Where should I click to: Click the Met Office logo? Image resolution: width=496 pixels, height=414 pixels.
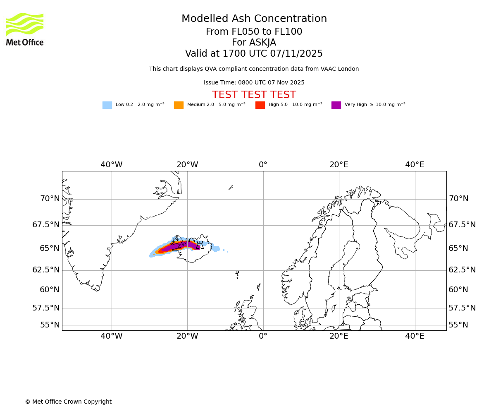pyautogui.click(x=25, y=29)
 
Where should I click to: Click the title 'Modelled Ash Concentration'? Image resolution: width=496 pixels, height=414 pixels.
pyautogui.click(x=254, y=19)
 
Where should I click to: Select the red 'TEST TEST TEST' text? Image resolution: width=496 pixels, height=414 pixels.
pyautogui.click(x=254, y=95)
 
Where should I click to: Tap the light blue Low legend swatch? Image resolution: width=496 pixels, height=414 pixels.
pyautogui.click(x=107, y=105)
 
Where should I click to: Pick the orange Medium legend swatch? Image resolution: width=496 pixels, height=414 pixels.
pyautogui.click(x=179, y=105)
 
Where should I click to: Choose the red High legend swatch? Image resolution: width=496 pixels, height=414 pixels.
pyautogui.click(x=260, y=105)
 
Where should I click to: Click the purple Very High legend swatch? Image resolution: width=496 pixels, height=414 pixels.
pyautogui.click(x=336, y=105)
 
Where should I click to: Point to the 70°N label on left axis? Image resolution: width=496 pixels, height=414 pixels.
pyautogui.click(x=50, y=199)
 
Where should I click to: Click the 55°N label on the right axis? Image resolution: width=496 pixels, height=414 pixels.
pyautogui.click(x=458, y=325)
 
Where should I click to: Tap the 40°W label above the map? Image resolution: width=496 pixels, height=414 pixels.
pyautogui.click(x=112, y=165)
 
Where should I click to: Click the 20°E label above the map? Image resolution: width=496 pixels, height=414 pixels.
pyautogui.click(x=339, y=165)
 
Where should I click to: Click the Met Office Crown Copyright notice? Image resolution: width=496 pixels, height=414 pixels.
pyautogui.click(x=68, y=402)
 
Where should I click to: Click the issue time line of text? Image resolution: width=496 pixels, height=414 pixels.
pyautogui.click(x=254, y=83)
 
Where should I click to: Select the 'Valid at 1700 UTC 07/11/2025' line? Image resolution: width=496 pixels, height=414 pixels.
pyautogui.click(x=254, y=54)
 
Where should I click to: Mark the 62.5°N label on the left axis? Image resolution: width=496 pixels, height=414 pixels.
pyautogui.click(x=46, y=270)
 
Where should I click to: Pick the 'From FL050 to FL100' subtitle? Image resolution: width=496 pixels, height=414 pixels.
pyautogui.click(x=254, y=32)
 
